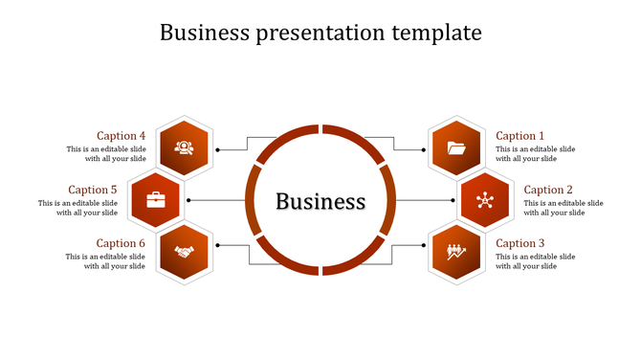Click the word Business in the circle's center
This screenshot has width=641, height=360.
click(320, 202)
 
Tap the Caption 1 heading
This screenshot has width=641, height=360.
click(519, 136)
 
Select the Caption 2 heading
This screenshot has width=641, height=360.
click(548, 190)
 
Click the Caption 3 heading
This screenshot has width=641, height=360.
click(519, 243)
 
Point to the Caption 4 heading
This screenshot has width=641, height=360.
click(122, 136)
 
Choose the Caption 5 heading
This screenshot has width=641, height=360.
click(93, 190)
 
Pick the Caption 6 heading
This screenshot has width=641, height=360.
click(122, 243)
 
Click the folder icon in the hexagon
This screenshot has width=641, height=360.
click(456, 147)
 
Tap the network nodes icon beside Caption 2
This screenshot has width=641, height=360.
click(484, 200)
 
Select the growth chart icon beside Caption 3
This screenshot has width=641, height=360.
click(456, 253)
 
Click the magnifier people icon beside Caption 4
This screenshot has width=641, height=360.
click(184, 147)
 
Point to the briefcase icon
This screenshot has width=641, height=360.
click(156, 200)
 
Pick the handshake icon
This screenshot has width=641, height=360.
click(184, 253)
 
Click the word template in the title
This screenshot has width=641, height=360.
click(436, 33)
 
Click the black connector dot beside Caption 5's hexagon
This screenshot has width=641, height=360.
click(189, 200)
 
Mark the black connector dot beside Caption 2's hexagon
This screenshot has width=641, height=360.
click(452, 200)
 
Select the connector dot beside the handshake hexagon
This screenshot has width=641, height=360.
click(218, 245)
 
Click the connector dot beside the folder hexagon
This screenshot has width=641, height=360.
click(423, 149)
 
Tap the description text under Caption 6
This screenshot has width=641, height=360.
click(106, 261)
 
